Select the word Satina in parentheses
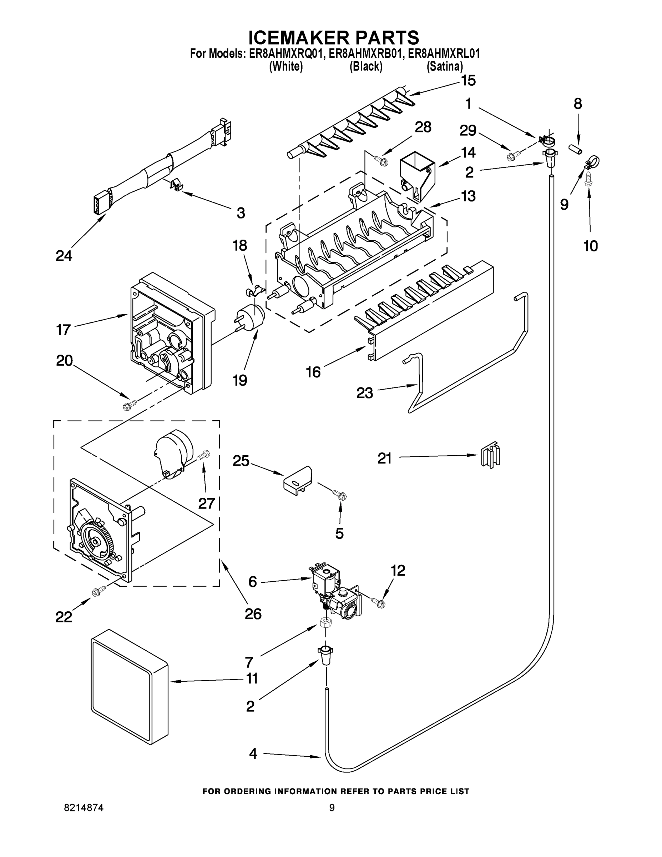click(445, 67)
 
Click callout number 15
click(468, 80)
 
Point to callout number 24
click(64, 256)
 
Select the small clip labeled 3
click(177, 184)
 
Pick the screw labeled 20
click(130, 405)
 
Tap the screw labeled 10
click(588, 180)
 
